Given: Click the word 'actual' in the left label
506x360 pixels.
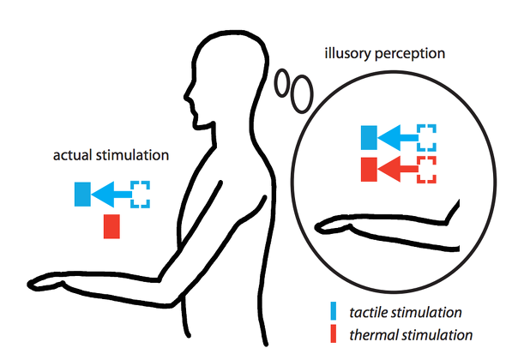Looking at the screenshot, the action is pyautogui.click(x=73, y=155).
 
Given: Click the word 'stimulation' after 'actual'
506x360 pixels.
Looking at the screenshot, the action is pyautogui.click(x=133, y=155).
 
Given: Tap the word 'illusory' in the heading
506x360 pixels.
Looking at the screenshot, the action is pyautogui.click(x=348, y=53).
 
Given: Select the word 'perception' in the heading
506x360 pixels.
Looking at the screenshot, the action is pyautogui.click(x=410, y=54).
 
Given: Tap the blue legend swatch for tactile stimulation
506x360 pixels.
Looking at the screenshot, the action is pyautogui.click(x=334, y=310).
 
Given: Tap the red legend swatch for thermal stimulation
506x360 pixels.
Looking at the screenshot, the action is pyautogui.click(x=334, y=333).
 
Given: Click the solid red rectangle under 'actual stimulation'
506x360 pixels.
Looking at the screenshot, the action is pyautogui.click(x=111, y=226).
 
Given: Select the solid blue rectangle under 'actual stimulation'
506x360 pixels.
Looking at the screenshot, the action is pyautogui.click(x=82, y=195).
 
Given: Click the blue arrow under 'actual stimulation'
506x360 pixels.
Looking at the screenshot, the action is pyautogui.click(x=111, y=195).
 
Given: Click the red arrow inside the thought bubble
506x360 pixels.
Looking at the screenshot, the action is pyautogui.click(x=398, y=169).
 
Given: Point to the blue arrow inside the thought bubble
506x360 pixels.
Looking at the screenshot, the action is pyautogui.click(x=398, y=138).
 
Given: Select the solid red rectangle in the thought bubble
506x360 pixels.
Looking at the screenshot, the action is pyautogui.click(x=369, y=170).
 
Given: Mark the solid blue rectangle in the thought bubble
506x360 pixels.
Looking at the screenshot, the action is pyautogui.click(x=369, y=138).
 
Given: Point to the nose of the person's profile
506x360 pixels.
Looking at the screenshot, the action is pyautogui.click(x=185, y=97).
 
